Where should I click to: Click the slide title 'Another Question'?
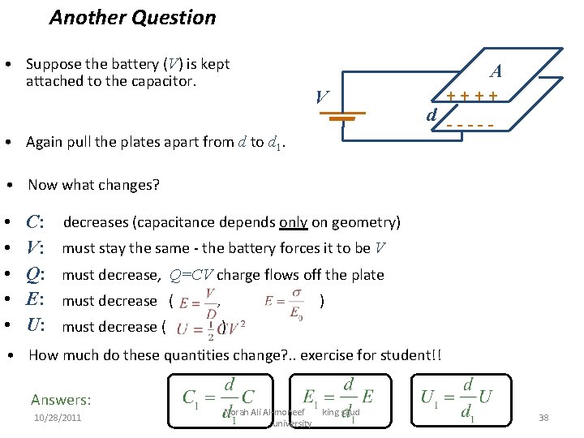click(x=132, y=17)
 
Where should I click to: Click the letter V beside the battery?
click(x=322, y=98)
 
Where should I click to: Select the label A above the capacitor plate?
click(x=495, y=71)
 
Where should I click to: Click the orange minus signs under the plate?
click(x=470, y=127)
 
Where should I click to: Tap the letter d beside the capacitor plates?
click(x=432, y=114)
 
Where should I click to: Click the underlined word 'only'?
click(x=292, y=222)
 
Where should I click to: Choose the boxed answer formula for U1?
click(x=459, y=397)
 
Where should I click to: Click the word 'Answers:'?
click(x=61, y=399)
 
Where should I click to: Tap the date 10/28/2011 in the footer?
click(x=57, y=417)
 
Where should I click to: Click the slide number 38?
click(x=543, y=417)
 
